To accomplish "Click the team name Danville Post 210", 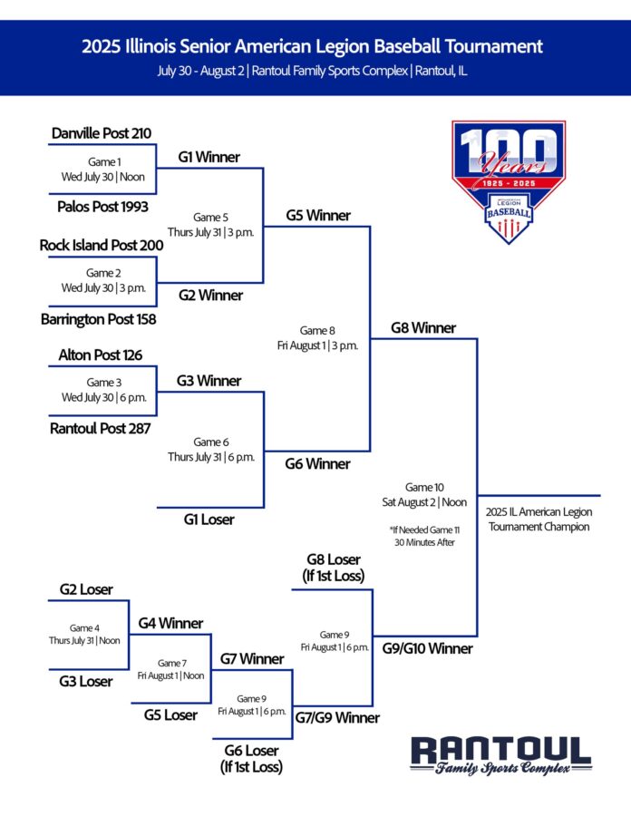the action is tap(102, 133).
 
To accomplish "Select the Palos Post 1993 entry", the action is tap(102, 207).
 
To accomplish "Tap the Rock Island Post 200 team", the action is tap(102, 245).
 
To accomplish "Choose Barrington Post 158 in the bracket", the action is tap(98, 319).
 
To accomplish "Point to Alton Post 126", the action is tap(100, 355).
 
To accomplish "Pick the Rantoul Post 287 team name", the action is tap(100, 428).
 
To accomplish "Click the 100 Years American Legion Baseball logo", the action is tap(509, 181).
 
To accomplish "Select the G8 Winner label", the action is tap(423, 328).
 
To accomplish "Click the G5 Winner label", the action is tap(318, 216).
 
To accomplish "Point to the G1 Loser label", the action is tap(209, 520).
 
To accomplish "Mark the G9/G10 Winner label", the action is tap(428, 648).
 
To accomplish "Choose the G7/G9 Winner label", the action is tap(337, 718).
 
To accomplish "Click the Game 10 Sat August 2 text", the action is tap(424, 495).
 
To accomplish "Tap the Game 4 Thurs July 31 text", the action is tap(84, 635).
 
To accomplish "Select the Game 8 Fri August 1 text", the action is tap(317, 338).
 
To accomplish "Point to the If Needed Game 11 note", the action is tap(424, 536).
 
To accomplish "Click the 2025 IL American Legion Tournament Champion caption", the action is tap(539, 520).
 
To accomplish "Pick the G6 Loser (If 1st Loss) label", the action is tap(251, 758).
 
